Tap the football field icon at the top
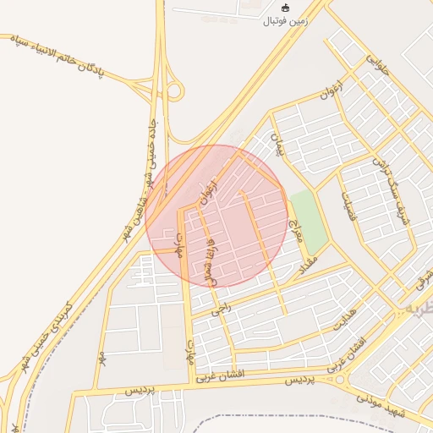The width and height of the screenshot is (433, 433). [286, 8]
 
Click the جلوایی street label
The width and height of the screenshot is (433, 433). [376, 58]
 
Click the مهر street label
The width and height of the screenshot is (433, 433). [102, 358]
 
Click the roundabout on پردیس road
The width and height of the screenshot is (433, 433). [342, 381]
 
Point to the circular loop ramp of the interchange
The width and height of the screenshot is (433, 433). [174, 90]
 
